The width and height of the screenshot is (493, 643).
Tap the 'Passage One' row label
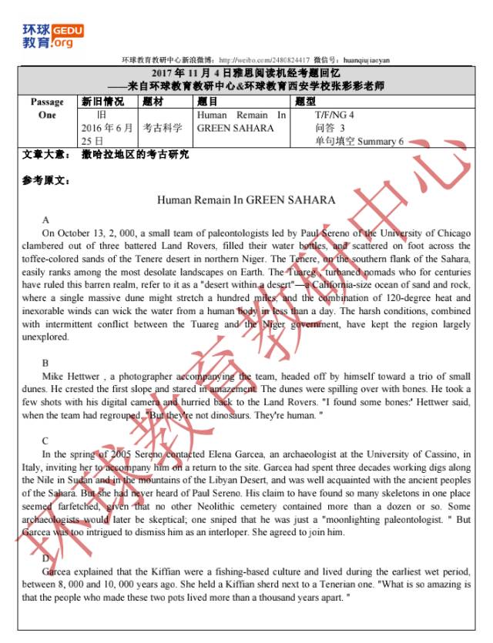pyautogui.click(x=47, y=108)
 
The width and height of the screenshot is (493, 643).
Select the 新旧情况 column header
pyautogui.click(x=102, y=101)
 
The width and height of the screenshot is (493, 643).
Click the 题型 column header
pyautogui.click(x=305, y=101)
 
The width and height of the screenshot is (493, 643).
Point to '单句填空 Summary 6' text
pyautogui.click(x=359, y=141)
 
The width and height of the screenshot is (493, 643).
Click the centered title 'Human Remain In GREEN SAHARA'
pyautogui.click(x=246, y=200)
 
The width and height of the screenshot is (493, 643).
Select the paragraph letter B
pyautogui.click(x=45, y=363)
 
